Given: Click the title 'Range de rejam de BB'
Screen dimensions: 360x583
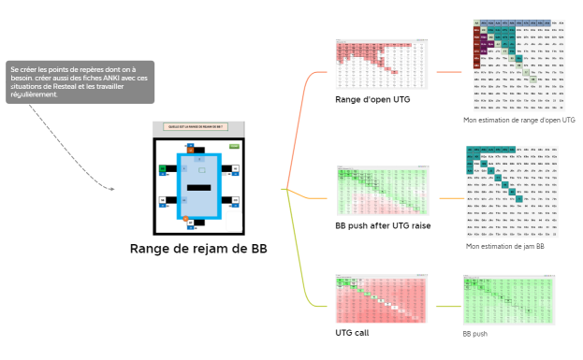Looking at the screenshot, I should [x=197, y=249].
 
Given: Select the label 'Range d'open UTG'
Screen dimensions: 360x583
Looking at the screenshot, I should [x=372, y=99].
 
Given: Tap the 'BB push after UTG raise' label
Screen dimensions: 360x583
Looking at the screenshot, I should [x=383, y=225].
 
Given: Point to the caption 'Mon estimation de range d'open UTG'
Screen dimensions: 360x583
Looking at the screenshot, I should [x=518, y=121].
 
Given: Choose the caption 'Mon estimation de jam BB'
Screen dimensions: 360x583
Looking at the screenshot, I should [x=504, y=247].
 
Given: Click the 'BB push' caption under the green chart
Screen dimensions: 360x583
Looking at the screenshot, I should [x=474, y=333].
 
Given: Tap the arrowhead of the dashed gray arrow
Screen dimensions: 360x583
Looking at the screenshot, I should [x=112, y=190].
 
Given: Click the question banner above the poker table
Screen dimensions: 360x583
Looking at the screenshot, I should [x=197, y=127].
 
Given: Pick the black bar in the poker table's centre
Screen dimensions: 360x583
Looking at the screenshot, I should [x=198, y=189].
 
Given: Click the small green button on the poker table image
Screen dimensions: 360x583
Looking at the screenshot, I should [x=234, y=147].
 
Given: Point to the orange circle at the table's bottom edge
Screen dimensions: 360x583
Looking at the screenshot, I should [x=186, y=219].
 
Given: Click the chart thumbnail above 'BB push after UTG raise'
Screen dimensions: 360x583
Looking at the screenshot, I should [x=382, y=191].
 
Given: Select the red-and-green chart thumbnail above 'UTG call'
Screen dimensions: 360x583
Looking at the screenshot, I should [x=382, y=298].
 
